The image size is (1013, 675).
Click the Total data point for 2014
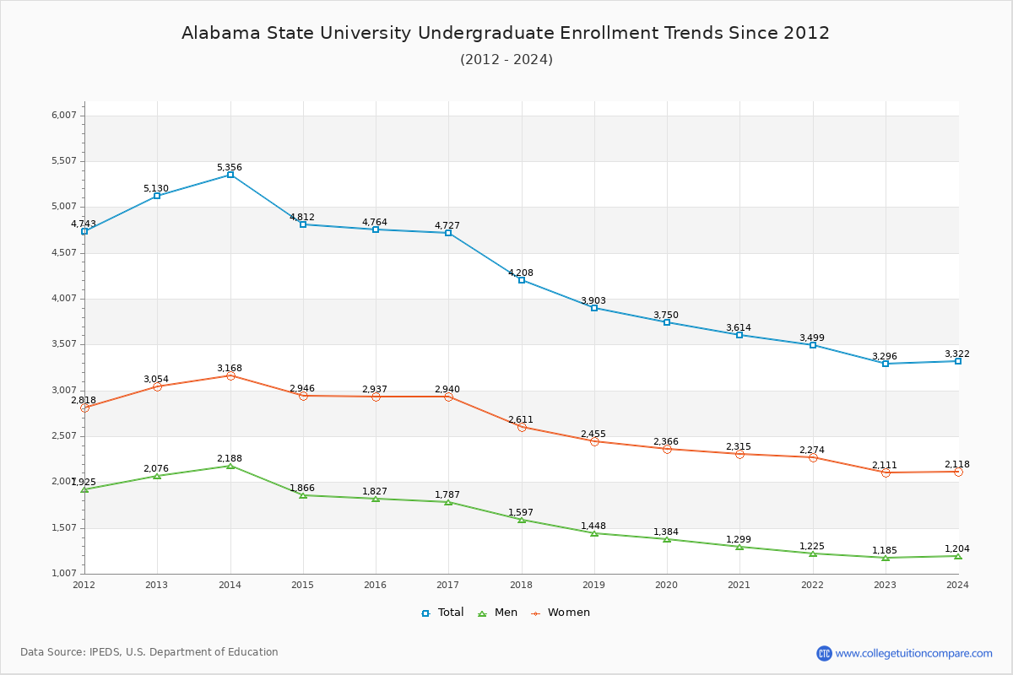[230, 175]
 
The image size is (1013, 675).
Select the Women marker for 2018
[522, 427]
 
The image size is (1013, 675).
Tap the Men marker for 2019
[594, 533]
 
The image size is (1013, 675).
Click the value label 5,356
[230, 167]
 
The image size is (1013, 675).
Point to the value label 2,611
[521, 419]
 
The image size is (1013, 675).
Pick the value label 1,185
[885, 550]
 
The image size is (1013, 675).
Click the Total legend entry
[442, 613]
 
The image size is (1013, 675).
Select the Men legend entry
[498, 613]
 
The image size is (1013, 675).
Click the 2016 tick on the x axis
[376, 585]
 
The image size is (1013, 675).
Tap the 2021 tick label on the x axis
[739, 585]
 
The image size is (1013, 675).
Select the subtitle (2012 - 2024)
[506, 59]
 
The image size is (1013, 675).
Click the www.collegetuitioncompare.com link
[913, 653]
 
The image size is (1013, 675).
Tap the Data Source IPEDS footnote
[149, 652]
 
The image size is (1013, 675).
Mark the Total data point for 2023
[886, 364]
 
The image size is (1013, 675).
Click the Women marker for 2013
[157, 386]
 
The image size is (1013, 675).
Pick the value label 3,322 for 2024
[957, 354]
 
